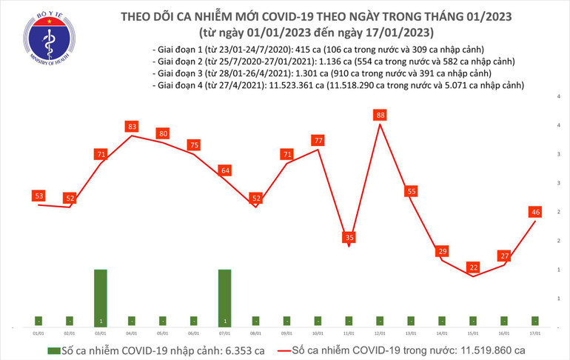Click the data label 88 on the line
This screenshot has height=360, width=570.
point(380,115)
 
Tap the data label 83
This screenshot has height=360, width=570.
point(132,127)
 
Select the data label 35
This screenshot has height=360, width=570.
point(349,238)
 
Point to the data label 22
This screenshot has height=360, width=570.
point(473,267)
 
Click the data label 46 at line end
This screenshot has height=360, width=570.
point(535,212)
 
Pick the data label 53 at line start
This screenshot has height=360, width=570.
point(38,196)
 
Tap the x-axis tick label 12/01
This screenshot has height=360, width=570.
point(380,334)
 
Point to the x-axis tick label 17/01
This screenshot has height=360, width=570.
point(534,334)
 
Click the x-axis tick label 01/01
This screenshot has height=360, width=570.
point(38,334)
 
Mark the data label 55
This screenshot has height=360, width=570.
point(411,191)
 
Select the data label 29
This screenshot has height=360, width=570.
point(442,252)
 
